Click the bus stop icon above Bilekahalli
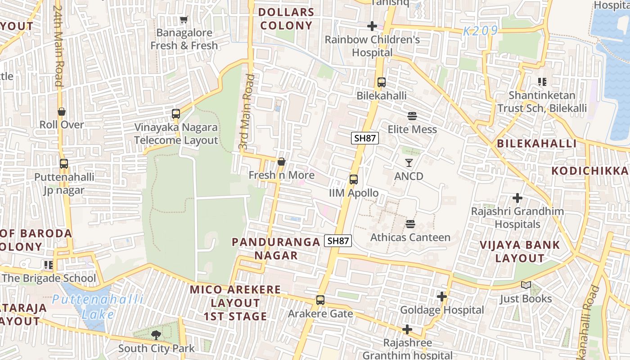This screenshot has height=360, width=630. (x=381, y=82)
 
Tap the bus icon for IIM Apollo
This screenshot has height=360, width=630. (x=354, y=180)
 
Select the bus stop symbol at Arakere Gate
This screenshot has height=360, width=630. (x=320, y=300)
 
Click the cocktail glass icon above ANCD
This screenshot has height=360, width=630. (x=409, y=162)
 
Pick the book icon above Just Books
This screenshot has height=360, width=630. (x=526, y=285)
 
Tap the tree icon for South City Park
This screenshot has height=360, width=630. (x=156, y=335)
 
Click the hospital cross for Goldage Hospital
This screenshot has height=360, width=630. (x=442, y=297)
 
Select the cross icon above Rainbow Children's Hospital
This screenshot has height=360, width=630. (x=372, y=26)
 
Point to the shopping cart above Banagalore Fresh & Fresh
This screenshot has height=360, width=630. (x=184, y=20)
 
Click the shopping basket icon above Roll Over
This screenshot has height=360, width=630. (x=62, y=112)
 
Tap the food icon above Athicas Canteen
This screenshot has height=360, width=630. (x=410, y=224)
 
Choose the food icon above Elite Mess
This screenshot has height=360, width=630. (x=412, y=116)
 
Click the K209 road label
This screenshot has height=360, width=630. (x=481, y=31)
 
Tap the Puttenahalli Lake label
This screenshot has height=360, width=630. (x=98, y=306)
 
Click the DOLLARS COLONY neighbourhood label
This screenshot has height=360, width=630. (x=286, y=19)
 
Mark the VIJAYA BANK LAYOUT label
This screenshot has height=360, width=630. (x=520, y=252)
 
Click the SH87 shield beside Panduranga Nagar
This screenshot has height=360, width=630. (x=338, y=241)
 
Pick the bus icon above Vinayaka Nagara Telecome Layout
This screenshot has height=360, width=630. (x=176, y=114)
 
